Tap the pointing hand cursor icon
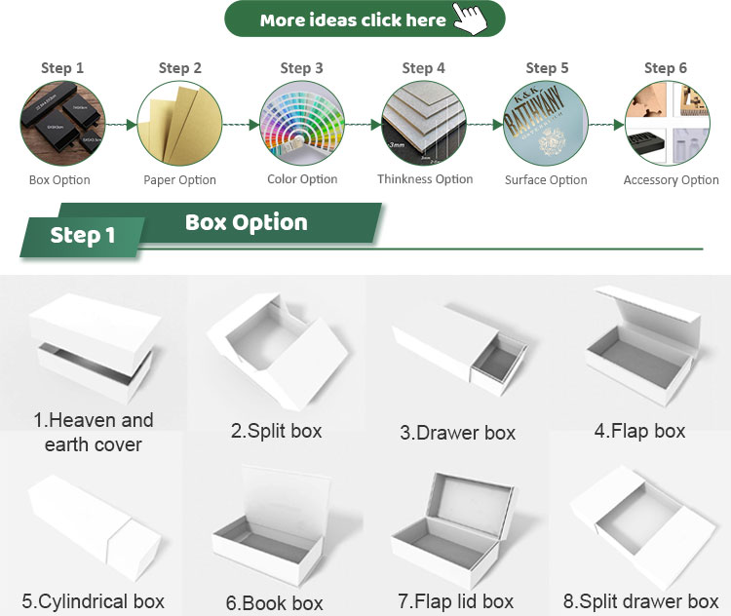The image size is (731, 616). point(471,19)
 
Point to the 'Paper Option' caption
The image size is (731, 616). point(179,180)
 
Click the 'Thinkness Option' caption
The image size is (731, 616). point(425,179)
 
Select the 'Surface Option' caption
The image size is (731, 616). point(546,180)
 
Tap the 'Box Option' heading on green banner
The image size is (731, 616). point(246,223)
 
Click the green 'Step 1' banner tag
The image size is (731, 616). point(83,236)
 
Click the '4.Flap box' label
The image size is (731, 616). point(639,431)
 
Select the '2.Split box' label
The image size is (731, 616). point(276,431)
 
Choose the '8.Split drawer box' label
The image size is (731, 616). point(640,601)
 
